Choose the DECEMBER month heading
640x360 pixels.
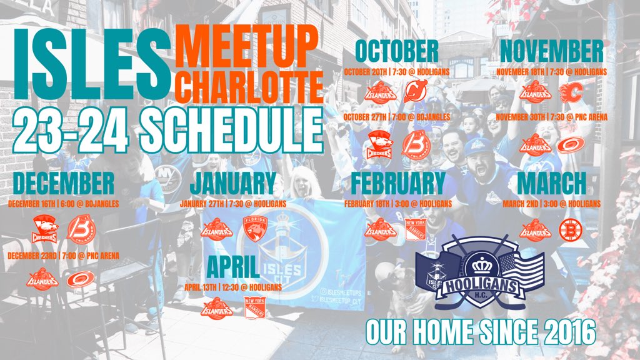pos(64,183)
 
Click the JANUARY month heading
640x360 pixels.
pos(232,183)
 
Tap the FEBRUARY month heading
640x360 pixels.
pos(397,183)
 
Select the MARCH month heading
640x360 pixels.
pos(551,183)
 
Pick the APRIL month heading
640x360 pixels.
pos(232,267)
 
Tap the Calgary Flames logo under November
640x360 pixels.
pos(571,93)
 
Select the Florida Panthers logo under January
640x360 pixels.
pos(254,229)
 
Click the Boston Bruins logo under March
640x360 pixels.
pos(570,229)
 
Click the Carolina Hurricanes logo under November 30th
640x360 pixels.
pos(571,144)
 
